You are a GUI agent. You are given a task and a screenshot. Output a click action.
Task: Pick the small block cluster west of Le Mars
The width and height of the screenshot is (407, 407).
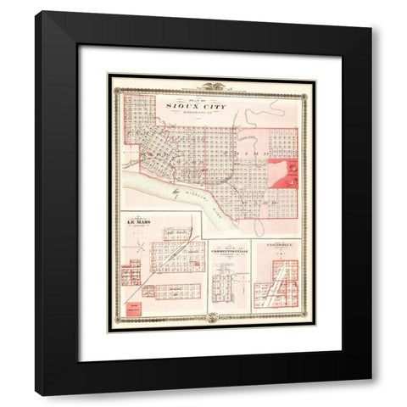pos(131,275)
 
